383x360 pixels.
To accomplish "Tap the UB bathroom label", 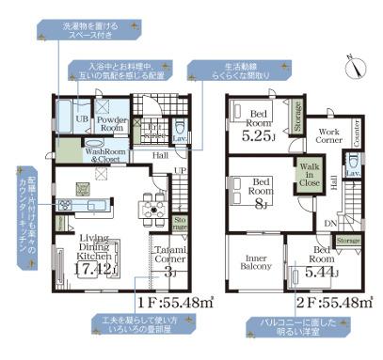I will click(x=82, y=119).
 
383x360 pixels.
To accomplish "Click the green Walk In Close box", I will click(x=309, y=176).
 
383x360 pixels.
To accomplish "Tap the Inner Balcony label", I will click(x=255, y=261).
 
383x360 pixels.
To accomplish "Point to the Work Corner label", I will click(x=328, y=136).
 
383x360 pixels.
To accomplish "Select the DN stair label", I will click(x=330, y=223).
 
